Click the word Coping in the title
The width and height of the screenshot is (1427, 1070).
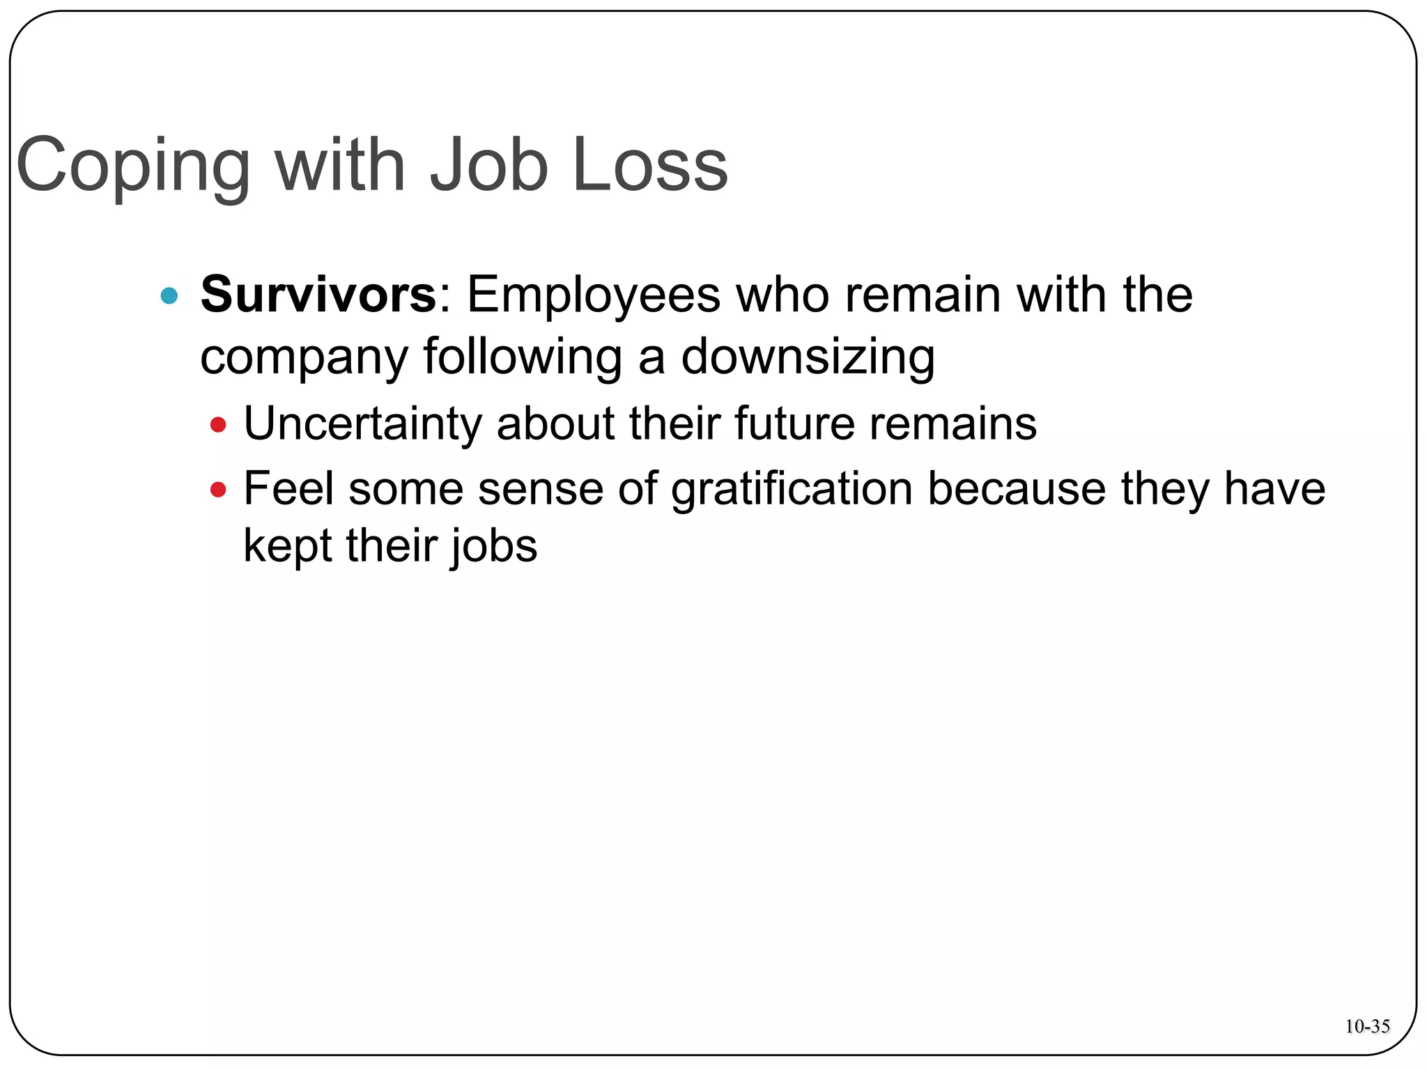(132, 166)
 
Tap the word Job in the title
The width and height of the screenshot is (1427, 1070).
(488, 164)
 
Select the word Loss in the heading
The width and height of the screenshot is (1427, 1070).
(649, 164)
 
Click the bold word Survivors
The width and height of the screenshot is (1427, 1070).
(318, 295)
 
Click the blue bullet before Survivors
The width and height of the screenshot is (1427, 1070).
(169, 296)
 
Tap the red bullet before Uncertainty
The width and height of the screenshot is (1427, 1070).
(218, 424)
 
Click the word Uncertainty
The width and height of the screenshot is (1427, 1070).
(362, 424)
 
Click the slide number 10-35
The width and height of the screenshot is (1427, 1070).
(1367, 1026)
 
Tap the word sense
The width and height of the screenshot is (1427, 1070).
(540, 489)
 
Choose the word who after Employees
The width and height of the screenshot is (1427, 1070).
(782, 295)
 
